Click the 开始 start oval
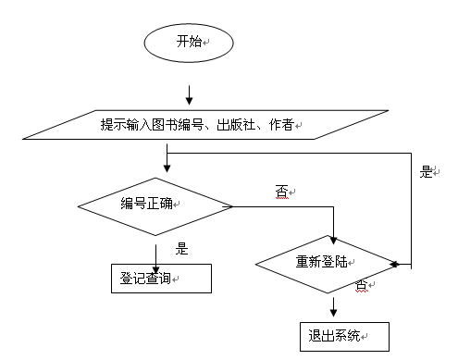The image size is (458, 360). coord(190,42)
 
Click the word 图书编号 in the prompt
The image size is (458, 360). coord(159,124)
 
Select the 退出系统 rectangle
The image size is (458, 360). coord(343,335)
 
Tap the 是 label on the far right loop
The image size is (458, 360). coord(427,171)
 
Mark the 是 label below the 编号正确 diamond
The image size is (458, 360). coord(182,248)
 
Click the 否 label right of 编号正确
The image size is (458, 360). coord(281,192)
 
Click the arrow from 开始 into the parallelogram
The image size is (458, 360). coord(189,94)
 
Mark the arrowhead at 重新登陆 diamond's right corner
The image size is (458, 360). coord(395,264)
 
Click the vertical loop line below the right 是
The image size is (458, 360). coord(410,222)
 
